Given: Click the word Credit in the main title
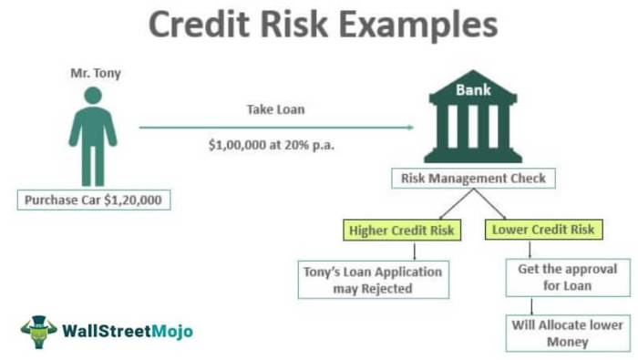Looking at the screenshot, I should coord(193,26).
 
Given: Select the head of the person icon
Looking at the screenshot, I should coord(93,97).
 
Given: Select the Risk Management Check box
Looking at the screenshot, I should coord(474,179).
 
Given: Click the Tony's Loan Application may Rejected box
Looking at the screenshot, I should coord(374,280).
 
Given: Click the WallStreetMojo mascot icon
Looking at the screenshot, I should coord(38,332).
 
